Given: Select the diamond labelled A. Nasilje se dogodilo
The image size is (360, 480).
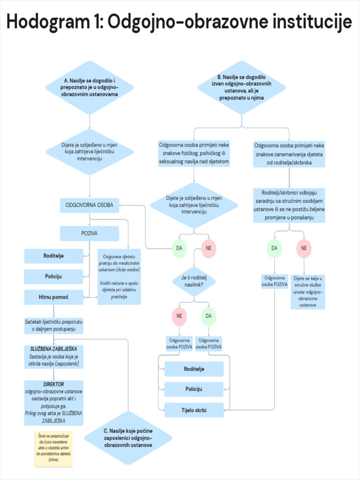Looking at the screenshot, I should coord(90,88).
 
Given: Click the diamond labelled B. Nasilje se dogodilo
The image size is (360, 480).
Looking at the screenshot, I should coord(241,88).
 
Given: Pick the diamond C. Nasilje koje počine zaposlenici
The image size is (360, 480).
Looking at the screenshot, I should coord(128,437).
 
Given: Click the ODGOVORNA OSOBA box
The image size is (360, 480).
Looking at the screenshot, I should coord(90,205).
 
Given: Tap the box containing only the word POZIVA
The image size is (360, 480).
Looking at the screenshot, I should coord(90,233).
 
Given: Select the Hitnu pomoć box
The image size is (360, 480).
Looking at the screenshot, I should coord(53,297).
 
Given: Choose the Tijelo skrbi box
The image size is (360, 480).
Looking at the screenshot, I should coord(194,410).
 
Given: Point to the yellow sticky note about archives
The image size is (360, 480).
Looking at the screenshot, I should coord(53,449).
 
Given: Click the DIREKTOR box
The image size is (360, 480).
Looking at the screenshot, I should coord(53,403).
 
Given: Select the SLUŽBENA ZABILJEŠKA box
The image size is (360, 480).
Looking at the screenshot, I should coord(53,356).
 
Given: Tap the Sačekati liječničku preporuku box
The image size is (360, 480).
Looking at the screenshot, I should coord(53,326).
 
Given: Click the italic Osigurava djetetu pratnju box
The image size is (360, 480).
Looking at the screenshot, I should coord(119,277).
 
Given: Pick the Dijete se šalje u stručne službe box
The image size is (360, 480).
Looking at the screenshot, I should coord(307,292).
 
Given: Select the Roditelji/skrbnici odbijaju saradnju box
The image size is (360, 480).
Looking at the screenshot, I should coord(289,205).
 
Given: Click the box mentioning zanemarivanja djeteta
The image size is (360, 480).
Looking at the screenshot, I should coord(289,154).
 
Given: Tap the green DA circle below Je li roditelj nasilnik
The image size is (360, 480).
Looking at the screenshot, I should coord(209,316).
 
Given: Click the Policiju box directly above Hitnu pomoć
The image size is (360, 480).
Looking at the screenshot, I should coord(53,277).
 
